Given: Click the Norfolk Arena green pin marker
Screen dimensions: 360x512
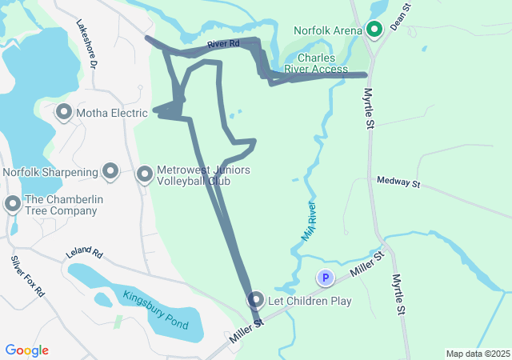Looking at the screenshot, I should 374,30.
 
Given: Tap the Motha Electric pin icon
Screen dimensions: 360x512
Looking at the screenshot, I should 64,113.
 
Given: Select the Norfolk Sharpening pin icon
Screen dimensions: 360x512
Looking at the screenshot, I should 110,171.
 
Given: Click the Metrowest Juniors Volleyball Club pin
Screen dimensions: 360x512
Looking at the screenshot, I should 145,174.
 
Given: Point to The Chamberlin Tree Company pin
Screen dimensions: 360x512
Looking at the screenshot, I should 12,203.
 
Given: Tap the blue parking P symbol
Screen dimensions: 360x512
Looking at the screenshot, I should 326,278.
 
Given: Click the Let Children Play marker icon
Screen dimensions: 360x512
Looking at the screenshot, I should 256,300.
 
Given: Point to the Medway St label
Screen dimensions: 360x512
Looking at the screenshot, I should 398,183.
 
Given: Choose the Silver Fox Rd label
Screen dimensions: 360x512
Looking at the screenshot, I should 28,276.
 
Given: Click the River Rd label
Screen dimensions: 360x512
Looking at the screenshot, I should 223,45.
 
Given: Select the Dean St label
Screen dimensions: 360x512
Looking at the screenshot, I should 400,16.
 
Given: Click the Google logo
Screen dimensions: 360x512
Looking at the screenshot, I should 27,350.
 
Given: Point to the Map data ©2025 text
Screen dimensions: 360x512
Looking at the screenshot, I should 478,354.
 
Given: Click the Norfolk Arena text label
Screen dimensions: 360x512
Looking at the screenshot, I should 328,31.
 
